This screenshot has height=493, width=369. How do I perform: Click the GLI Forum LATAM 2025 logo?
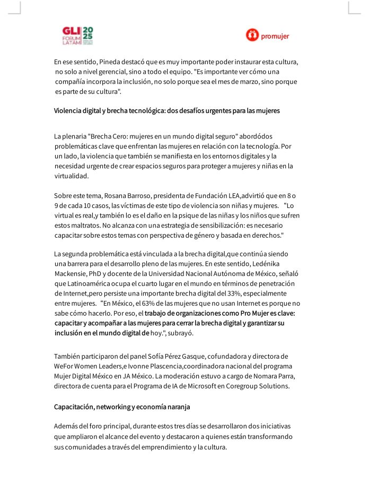[x=77, y=36]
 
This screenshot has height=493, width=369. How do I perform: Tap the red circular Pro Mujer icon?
[x=252, y=36]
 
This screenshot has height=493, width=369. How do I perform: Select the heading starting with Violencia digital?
[x=166, y=111]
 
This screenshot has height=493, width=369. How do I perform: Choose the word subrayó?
[x=181, y=333]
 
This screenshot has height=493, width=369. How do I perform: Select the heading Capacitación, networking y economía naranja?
[x=122, y=406]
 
